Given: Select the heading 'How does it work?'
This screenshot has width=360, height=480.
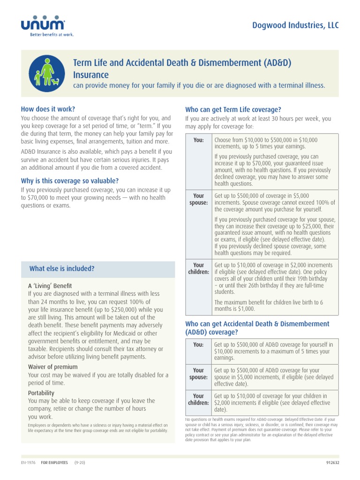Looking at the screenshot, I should coord(48,109).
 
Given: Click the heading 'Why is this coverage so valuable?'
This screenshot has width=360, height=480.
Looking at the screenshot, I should coord(70,181).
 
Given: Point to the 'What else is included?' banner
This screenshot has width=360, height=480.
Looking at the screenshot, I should coord(62,269).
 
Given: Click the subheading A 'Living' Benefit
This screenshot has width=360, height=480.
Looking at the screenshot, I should coord(50,285).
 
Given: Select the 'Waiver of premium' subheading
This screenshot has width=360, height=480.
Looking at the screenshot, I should coord(53,367).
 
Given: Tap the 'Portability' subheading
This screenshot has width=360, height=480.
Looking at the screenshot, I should coord(41,393).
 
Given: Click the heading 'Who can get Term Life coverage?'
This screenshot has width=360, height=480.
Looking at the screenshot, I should coord(233,109).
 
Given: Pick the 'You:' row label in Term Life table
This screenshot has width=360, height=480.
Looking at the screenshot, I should coord(199,140).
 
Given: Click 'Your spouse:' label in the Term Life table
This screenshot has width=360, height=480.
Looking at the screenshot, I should coord(199,199).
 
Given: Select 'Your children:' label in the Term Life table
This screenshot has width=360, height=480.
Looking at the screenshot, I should coord(199,269).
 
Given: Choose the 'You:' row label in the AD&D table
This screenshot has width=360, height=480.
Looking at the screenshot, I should coord(199,345).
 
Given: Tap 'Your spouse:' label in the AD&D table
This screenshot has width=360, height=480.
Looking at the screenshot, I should coord(199,374).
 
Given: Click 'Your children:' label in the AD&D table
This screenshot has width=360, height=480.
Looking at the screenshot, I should coord(199,399).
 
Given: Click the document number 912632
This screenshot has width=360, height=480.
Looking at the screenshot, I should coord(332,463).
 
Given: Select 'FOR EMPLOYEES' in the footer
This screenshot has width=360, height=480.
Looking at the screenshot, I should coord(54,463).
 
